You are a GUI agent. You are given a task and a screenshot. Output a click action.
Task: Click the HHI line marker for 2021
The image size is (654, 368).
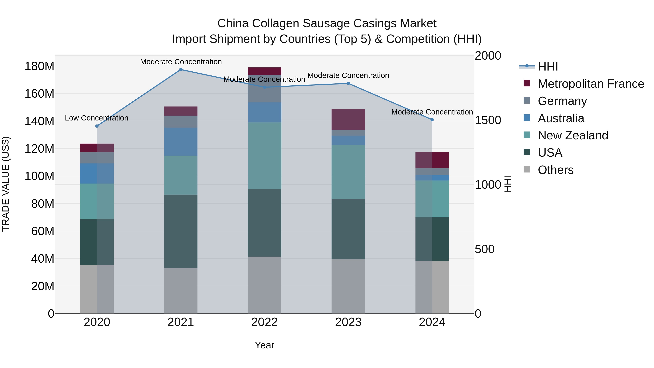click(181, 70)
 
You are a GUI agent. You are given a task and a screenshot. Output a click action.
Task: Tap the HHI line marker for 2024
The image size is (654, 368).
click(432, 120)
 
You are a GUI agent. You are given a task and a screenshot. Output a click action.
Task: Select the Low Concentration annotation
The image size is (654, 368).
click(96, 118)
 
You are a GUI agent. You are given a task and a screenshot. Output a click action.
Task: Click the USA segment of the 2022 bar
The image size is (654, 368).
click(264, 223)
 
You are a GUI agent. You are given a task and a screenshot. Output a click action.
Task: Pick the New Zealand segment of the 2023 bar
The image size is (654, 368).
click(348, 172)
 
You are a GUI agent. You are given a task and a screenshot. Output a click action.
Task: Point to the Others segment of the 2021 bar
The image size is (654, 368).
click(181, 291)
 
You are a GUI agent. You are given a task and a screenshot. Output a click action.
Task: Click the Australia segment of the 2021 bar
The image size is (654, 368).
click(181, 142)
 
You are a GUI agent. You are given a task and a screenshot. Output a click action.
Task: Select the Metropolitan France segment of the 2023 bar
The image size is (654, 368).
click(348, 119)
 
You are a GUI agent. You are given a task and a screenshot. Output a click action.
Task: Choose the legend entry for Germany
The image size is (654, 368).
click(562, 101)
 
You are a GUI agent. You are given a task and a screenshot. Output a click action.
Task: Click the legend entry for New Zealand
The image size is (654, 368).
click(573, 135)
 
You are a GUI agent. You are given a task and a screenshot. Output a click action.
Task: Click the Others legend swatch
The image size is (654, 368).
click(527, 169)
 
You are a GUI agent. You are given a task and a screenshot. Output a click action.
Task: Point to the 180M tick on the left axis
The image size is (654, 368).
click(39, 67)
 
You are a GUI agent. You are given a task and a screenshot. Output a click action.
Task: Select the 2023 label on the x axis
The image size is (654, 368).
click(348, 322)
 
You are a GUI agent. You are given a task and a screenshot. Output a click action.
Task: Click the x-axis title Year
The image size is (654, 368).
click(264, 345)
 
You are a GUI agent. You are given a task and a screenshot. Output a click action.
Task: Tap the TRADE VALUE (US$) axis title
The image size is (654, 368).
click(6, 184)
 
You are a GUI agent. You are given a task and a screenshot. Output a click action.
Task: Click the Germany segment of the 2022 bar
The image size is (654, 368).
click(264, 89)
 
